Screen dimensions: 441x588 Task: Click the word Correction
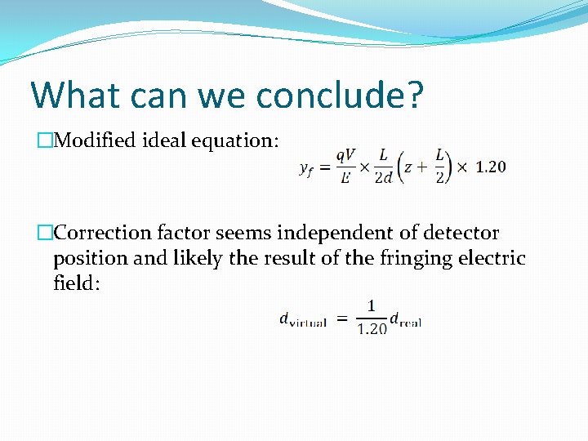103,234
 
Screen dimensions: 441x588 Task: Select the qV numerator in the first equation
345,156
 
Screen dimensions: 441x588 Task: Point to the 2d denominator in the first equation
384,179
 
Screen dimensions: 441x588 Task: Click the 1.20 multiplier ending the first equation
490,167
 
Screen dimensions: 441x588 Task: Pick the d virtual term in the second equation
303,320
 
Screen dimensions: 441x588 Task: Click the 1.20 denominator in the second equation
372,329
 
